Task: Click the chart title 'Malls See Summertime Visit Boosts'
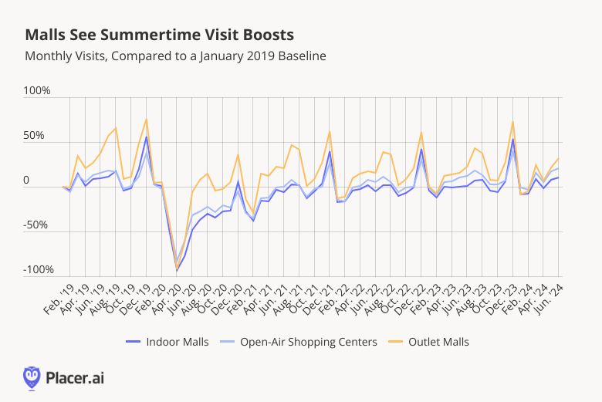[159, 35]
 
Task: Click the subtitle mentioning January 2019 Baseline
[175, 56]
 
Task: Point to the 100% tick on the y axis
[36, 91]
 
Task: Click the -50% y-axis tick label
[37, 225]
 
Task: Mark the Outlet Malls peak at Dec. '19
[146, 119]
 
